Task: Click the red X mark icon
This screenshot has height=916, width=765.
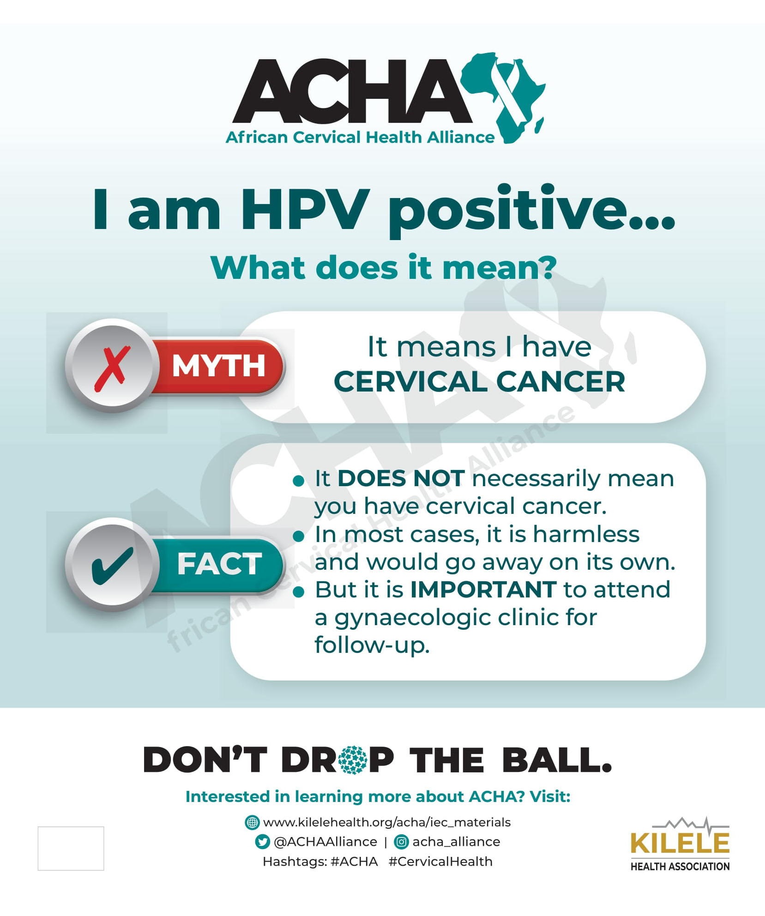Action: tap(111, 369)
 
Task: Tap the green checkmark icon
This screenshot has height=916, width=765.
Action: tap(112, 566)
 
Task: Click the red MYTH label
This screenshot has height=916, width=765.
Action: tap(218, 366)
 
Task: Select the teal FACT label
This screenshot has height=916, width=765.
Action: tap(219, 564)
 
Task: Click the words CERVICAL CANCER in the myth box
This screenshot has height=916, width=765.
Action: tap(479, 382)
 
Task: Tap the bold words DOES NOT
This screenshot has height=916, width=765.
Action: tap(401, 478)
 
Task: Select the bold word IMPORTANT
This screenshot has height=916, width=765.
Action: tap(483, 590)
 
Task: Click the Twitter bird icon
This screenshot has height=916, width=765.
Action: tap(262, 842)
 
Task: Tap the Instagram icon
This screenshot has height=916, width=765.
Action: tap(401, 842)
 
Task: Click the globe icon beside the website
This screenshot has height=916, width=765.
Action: tap(252, 822)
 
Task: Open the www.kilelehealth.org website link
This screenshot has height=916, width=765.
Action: tap(387, 822)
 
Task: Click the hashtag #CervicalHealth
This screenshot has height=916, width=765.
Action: tap(440, 862)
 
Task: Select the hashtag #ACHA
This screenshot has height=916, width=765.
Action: tap(354, 862)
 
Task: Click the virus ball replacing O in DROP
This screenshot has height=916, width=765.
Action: tap(353, 760)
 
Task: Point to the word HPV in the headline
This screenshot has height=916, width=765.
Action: tap(305, 209)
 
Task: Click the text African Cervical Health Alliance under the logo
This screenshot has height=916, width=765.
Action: tap(360, 137)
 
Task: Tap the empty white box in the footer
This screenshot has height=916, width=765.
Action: tap(71, 848)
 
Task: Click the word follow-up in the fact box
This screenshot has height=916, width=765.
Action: tap(372, 645)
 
